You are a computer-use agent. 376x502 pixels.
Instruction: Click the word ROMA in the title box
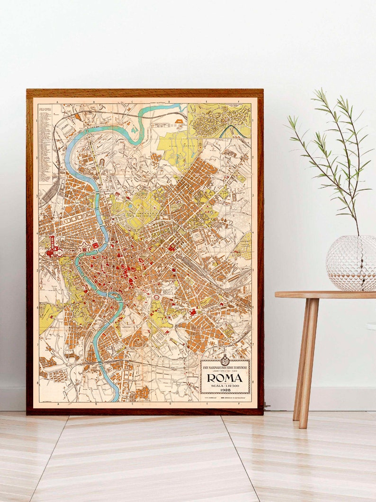225,378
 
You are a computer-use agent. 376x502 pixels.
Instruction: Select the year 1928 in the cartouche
225,390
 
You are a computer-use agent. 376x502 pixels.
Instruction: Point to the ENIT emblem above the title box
225,360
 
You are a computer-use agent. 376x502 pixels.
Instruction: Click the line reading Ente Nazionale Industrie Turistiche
225,368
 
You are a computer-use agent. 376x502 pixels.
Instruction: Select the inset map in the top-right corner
219,121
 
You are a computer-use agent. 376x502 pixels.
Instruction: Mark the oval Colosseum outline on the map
156,297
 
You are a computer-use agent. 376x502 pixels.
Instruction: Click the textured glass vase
351,263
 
